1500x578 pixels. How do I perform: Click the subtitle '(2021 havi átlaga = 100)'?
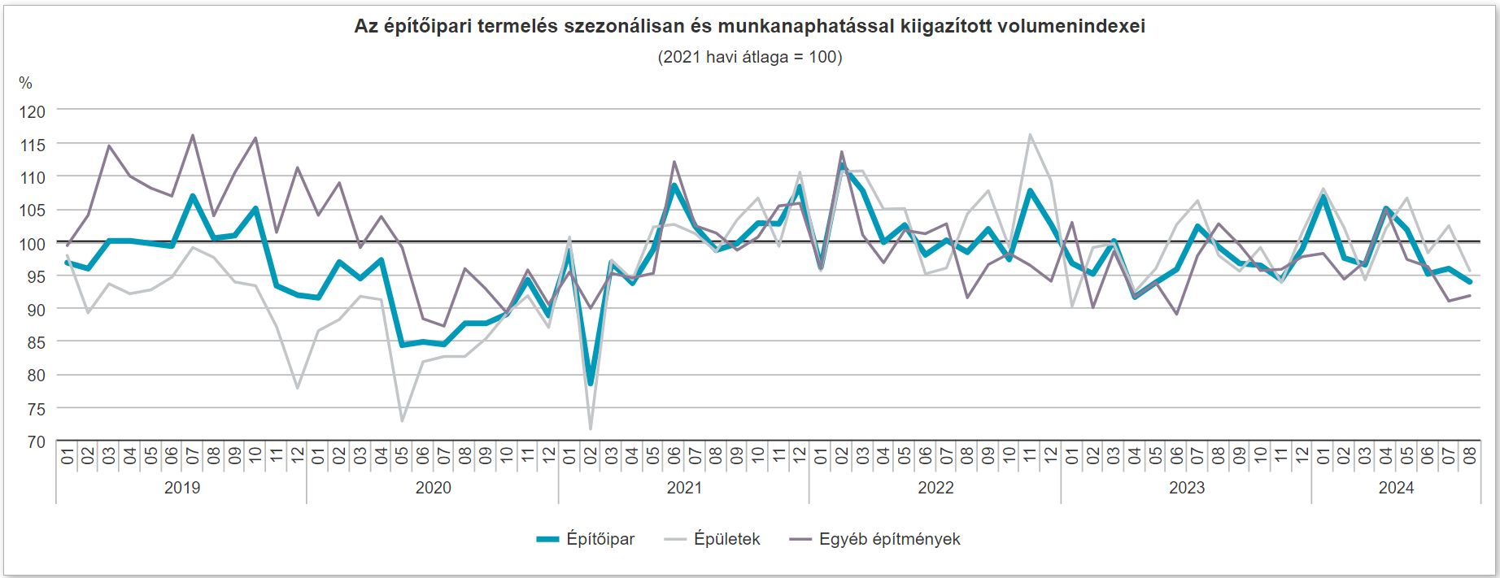[x=749, y=57]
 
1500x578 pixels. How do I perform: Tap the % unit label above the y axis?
[x=25, y=83]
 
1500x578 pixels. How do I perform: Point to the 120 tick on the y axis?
[x=33, y=111]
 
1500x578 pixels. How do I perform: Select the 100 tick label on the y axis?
[x=33, y=243]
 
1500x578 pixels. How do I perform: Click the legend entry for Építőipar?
[x=586, y=539]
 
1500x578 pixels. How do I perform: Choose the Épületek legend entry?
[x=713, y=539]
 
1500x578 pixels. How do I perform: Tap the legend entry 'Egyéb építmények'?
[x=875, y=539]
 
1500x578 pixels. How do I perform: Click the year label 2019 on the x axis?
[x=181, y=488]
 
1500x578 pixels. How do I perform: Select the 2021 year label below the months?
[x=684, y=488]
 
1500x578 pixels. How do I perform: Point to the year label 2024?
[x=1396, y=488]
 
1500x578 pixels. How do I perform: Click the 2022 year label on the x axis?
[x=935, y=488]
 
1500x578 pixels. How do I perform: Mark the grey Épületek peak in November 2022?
[x=1030, y=135]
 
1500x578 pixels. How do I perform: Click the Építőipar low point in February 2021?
[x=591, y=384]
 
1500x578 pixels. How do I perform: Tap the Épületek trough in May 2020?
[x=402, y=420]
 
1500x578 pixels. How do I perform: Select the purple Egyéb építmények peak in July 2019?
[x=193, y=136]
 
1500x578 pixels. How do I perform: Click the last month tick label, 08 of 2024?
[x=1469, y=455]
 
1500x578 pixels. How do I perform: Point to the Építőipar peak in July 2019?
[x=193, y=196]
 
